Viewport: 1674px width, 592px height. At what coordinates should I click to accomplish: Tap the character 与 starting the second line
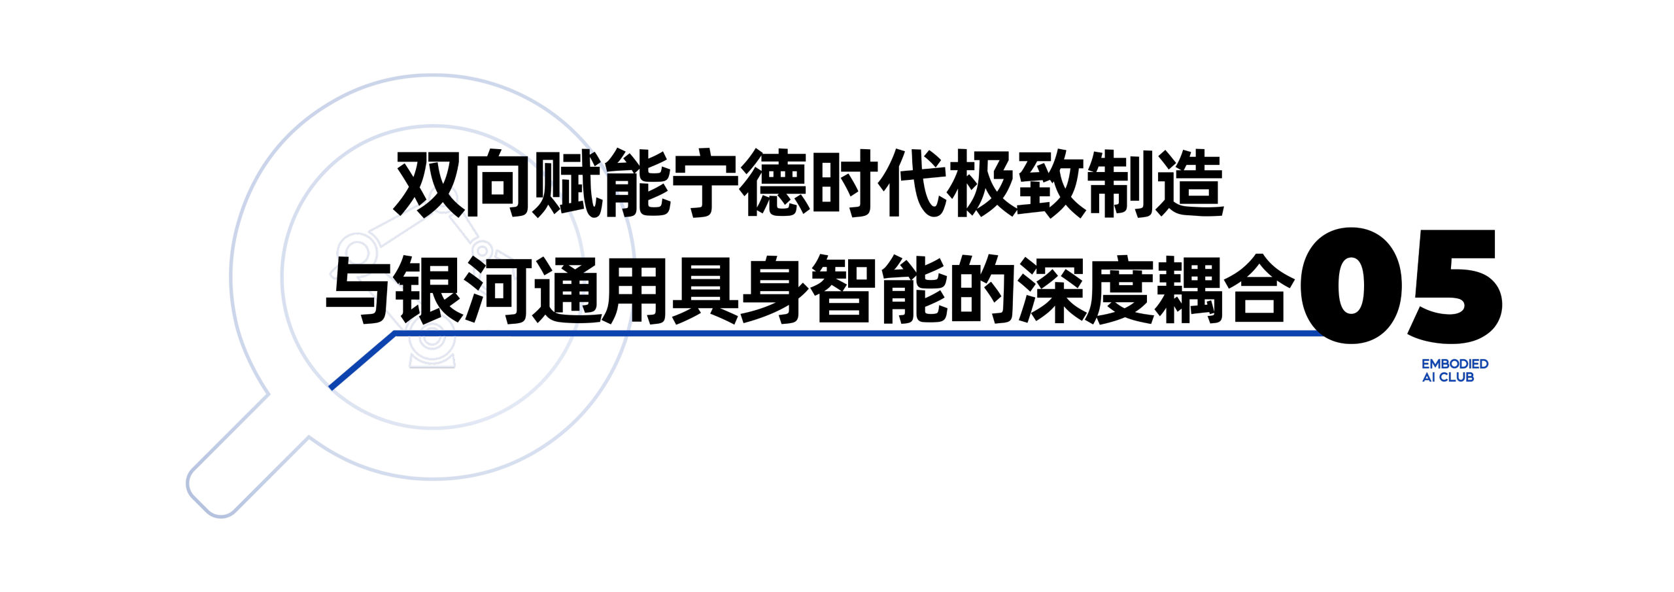click(x=361, y=290)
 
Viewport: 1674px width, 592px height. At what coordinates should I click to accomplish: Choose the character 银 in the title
click(x=430, y=290)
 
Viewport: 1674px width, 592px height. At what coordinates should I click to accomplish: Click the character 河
click(x=499, y=290)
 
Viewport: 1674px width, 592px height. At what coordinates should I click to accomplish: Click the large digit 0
click(x=1351, y=285)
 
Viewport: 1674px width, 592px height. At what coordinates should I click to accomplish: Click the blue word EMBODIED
click(x=1455, y=364)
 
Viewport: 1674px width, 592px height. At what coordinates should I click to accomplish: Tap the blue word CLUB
click(x=1456, y=377)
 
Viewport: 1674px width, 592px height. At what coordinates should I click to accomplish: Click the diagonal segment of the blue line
click(x=363, y=360)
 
